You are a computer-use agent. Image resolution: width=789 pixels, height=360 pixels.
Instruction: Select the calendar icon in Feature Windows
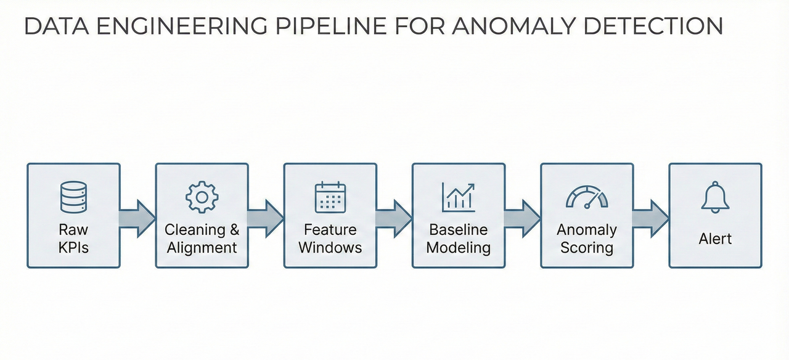330,198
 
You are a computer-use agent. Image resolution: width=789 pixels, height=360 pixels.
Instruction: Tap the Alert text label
715,239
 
